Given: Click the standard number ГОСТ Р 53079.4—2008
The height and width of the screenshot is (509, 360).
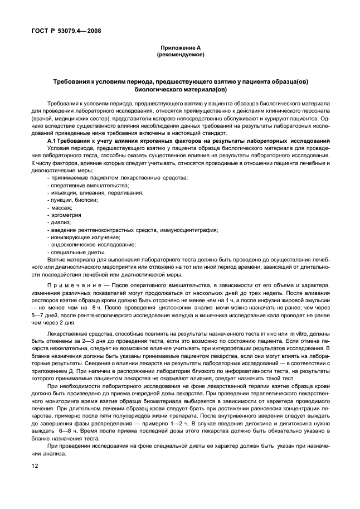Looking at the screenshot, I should [x=62, y=31].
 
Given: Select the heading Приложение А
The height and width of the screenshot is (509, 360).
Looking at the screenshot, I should [x=180, y=49].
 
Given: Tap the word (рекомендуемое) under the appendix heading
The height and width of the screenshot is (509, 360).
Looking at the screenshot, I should [x=180, y=55].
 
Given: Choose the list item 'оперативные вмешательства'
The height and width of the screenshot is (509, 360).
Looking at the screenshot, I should [x=81, y=185].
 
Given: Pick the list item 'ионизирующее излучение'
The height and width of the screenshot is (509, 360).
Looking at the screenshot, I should [x=84, y=237].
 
